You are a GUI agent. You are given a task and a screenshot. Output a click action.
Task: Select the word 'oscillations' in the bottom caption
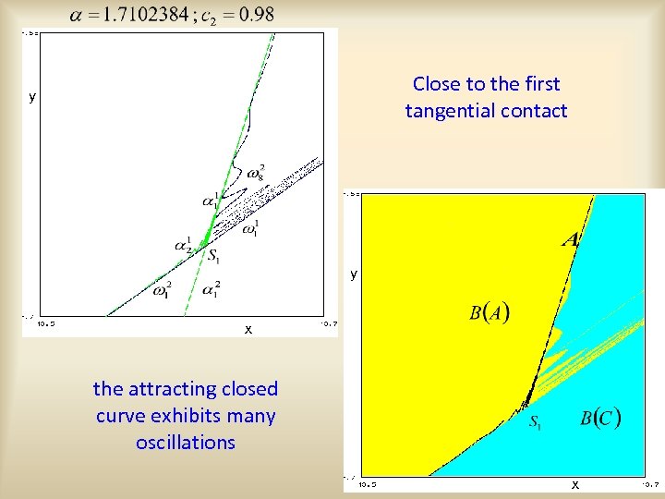click(185, 443)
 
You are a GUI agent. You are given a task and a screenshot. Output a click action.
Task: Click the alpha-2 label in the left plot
click(183, 246)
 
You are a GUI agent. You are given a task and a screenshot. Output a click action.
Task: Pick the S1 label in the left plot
click(213, 256)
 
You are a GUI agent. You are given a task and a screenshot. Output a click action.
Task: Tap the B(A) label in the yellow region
click(490, 312)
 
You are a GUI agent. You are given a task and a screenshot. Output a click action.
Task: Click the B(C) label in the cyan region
click(600, 417)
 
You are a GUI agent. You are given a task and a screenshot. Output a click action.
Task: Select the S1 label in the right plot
click(536, 423)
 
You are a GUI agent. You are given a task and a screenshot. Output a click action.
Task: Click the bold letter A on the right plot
click(571, 239)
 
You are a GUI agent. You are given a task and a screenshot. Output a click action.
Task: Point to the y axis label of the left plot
click(32, 96)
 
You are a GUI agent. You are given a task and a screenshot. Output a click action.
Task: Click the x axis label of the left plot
click(248, 330)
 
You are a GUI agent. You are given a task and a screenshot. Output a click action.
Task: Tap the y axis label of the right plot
click(353, 274)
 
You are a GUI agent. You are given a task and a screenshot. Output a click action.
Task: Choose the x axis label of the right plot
click(575, 484)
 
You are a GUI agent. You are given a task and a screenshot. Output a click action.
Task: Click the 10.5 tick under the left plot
click(45, 323)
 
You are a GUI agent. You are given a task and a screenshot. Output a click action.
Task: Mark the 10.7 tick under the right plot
click(650, 482)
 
